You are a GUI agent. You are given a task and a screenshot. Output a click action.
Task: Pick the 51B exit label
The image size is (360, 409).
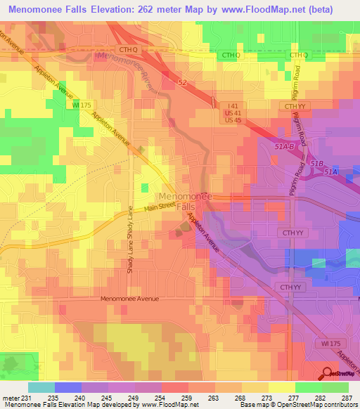click(316, 163)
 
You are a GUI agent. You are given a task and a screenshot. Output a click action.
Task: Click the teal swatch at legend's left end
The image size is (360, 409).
click(41, 387)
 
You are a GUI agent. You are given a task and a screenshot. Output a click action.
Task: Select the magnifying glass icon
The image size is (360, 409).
click(328, 374)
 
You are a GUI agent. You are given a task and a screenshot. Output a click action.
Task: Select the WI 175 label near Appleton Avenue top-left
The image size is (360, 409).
click(82, 104)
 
